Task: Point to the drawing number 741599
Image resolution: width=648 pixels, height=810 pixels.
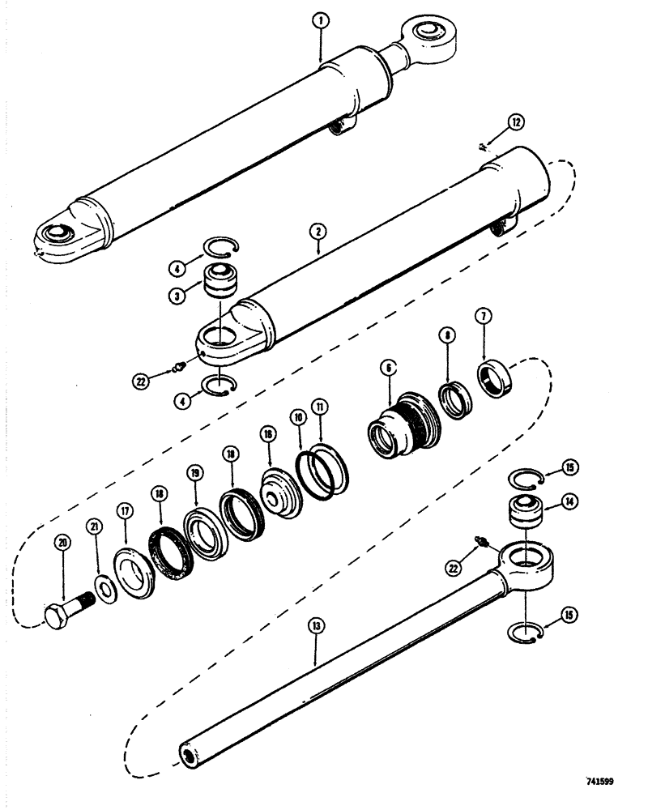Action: coord(599,782)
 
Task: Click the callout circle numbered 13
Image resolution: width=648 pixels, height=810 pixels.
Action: coord(316,626)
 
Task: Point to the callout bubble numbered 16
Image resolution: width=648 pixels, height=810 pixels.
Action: coord(266,433)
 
